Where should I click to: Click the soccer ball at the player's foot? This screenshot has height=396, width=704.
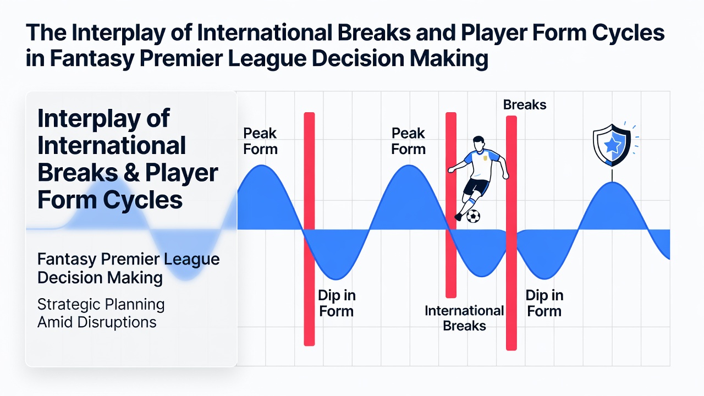473,216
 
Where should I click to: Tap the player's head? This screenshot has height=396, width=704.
479,144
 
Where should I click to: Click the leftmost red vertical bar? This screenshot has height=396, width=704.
309,229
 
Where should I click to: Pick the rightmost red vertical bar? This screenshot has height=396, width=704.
512,233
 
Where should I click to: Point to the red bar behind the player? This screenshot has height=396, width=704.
451,205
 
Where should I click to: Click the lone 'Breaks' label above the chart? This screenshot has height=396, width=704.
525,105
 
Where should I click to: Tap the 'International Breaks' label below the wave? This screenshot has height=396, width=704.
464,318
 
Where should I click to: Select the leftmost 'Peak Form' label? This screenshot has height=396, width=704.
260,141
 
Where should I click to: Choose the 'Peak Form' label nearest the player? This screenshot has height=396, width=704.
408,141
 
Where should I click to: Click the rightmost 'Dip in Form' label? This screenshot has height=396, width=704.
544,303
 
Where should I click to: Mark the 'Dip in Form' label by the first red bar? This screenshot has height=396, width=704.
336,303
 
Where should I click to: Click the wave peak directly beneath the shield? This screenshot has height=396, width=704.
612,182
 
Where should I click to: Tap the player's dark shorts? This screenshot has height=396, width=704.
476,187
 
